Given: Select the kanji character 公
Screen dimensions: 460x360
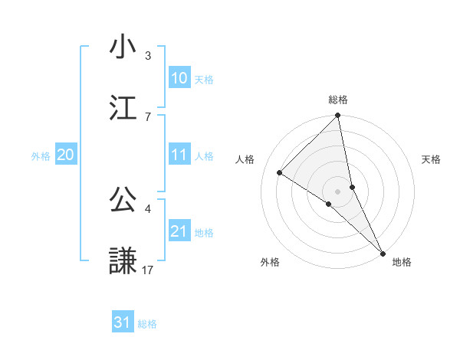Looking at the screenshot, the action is pyautogui.click(x=123, y=200).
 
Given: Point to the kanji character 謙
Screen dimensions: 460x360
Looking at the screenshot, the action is pyautogui.click(x=123, y=261).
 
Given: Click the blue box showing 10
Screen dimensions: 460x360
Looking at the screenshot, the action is pyautogui.click(x=179, y=78).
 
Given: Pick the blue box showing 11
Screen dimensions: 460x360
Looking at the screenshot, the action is pyautogui.click(x=179, y=155).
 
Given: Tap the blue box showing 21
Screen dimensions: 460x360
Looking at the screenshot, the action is pyautogui.click(x=179, y=231).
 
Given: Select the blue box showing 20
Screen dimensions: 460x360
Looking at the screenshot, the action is pyautogui.click(x=66, y=155).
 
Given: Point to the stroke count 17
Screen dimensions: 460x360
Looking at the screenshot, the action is pyautogui.click(x=149, y=270).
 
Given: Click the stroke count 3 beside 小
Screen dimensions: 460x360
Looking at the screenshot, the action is pyautogui.click(x=148, y=55).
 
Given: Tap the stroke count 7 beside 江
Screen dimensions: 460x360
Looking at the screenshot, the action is pyautogui.click(x=148, y=116).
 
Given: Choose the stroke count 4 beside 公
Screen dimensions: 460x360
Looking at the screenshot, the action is pyautogui.click(x=148, y=208).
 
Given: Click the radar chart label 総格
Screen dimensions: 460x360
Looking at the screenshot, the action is pyautogui.click(x=338, y=100).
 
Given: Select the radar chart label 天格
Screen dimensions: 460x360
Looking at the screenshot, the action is pyautogui.click(x=431, y=159).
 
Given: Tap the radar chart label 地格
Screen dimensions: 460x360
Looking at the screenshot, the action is pyautogui.click(x=402, y=262).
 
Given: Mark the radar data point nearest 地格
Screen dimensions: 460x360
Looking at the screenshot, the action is pyautogui.click(x=382, y=252).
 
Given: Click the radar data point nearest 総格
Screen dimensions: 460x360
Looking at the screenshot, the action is pyautogui.click(x=338, y=116).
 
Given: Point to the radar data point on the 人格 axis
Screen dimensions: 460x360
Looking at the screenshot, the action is pyautogui.click(x=280, y=173).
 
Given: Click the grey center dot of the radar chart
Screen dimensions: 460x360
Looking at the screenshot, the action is pyautogui.click(x=338, y=191).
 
